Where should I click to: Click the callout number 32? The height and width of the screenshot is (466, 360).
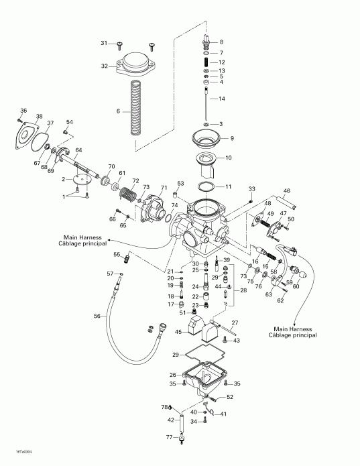pos(105,66)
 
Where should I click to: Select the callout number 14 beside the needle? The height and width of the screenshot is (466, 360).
pos(222,99)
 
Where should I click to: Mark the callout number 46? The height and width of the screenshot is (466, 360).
pos(286,191)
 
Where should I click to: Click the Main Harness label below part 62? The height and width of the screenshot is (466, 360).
pos(295,331)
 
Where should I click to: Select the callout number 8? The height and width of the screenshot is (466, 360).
pos(222,42)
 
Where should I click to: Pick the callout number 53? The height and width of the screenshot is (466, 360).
pos(180,182)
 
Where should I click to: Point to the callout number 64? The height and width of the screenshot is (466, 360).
pos(78,150)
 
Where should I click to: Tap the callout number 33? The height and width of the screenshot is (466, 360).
pos(252,188)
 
